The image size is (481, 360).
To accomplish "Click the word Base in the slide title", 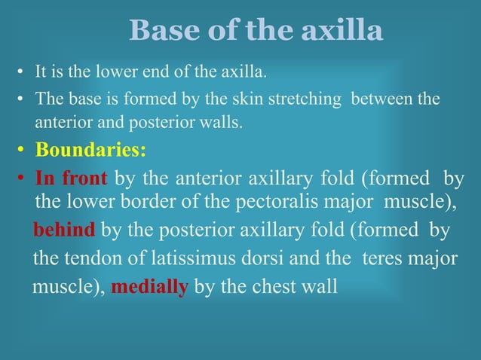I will pyautogui.click(x=161, y=31).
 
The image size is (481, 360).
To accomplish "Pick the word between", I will pyautogui.click(x=380, y=99).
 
